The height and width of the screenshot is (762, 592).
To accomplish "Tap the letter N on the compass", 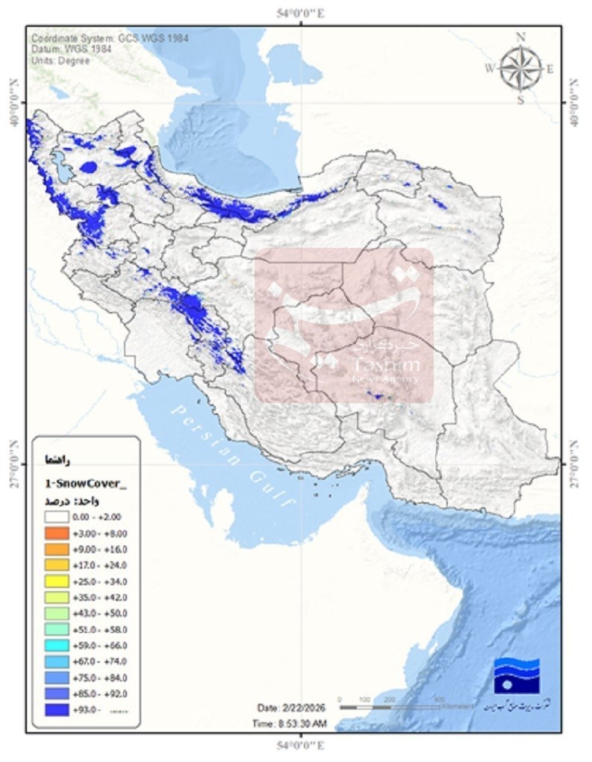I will pos(521,37).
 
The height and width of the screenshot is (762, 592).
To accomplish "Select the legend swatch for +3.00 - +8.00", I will pos(54,533).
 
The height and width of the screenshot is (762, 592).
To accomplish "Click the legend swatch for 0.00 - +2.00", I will pos(54,516).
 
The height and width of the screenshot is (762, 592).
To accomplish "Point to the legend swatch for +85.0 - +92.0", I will pos(54,693).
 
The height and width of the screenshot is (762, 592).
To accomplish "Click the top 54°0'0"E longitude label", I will pos(301,13).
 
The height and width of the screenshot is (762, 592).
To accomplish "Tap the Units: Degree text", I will pos(60,60).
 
